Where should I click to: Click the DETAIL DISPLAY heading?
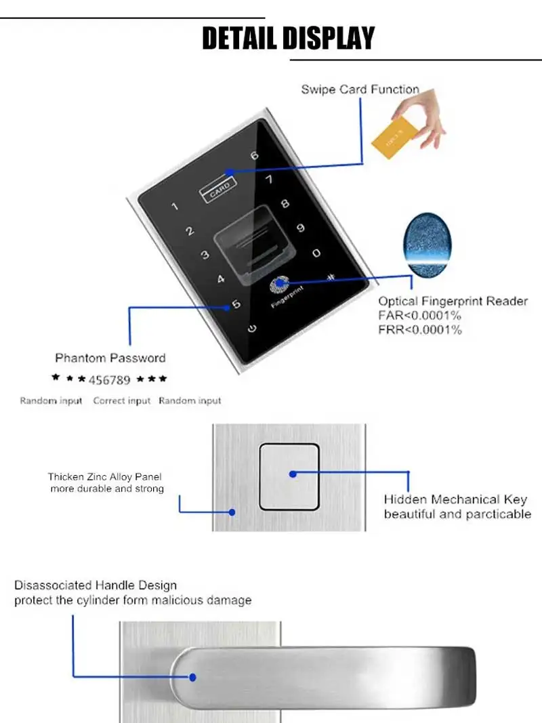(x=288, y=38)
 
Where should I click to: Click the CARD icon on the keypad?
(x=218, y=190)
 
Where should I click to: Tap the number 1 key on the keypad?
(x=175, y=206)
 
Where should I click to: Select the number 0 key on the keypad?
(x=316, y=253)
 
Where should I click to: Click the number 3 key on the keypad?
(x=205, y=255)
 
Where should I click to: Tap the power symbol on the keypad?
(x=251, y=329)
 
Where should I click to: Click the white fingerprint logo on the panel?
(x=279, y=285)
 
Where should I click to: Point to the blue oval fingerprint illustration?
(x=428, y=245)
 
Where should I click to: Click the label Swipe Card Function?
(x=360, y=89)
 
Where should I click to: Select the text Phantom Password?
(x=110, y=358)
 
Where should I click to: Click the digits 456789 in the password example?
(x=110, y=380)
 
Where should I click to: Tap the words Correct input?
(x=122, y=400)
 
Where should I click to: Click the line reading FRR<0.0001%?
(x=419, y=330)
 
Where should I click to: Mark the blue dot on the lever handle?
(x=192, y=677)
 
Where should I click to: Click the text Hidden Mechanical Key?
(x=455, y=499)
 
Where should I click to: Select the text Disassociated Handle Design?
(x=96, y=585)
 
